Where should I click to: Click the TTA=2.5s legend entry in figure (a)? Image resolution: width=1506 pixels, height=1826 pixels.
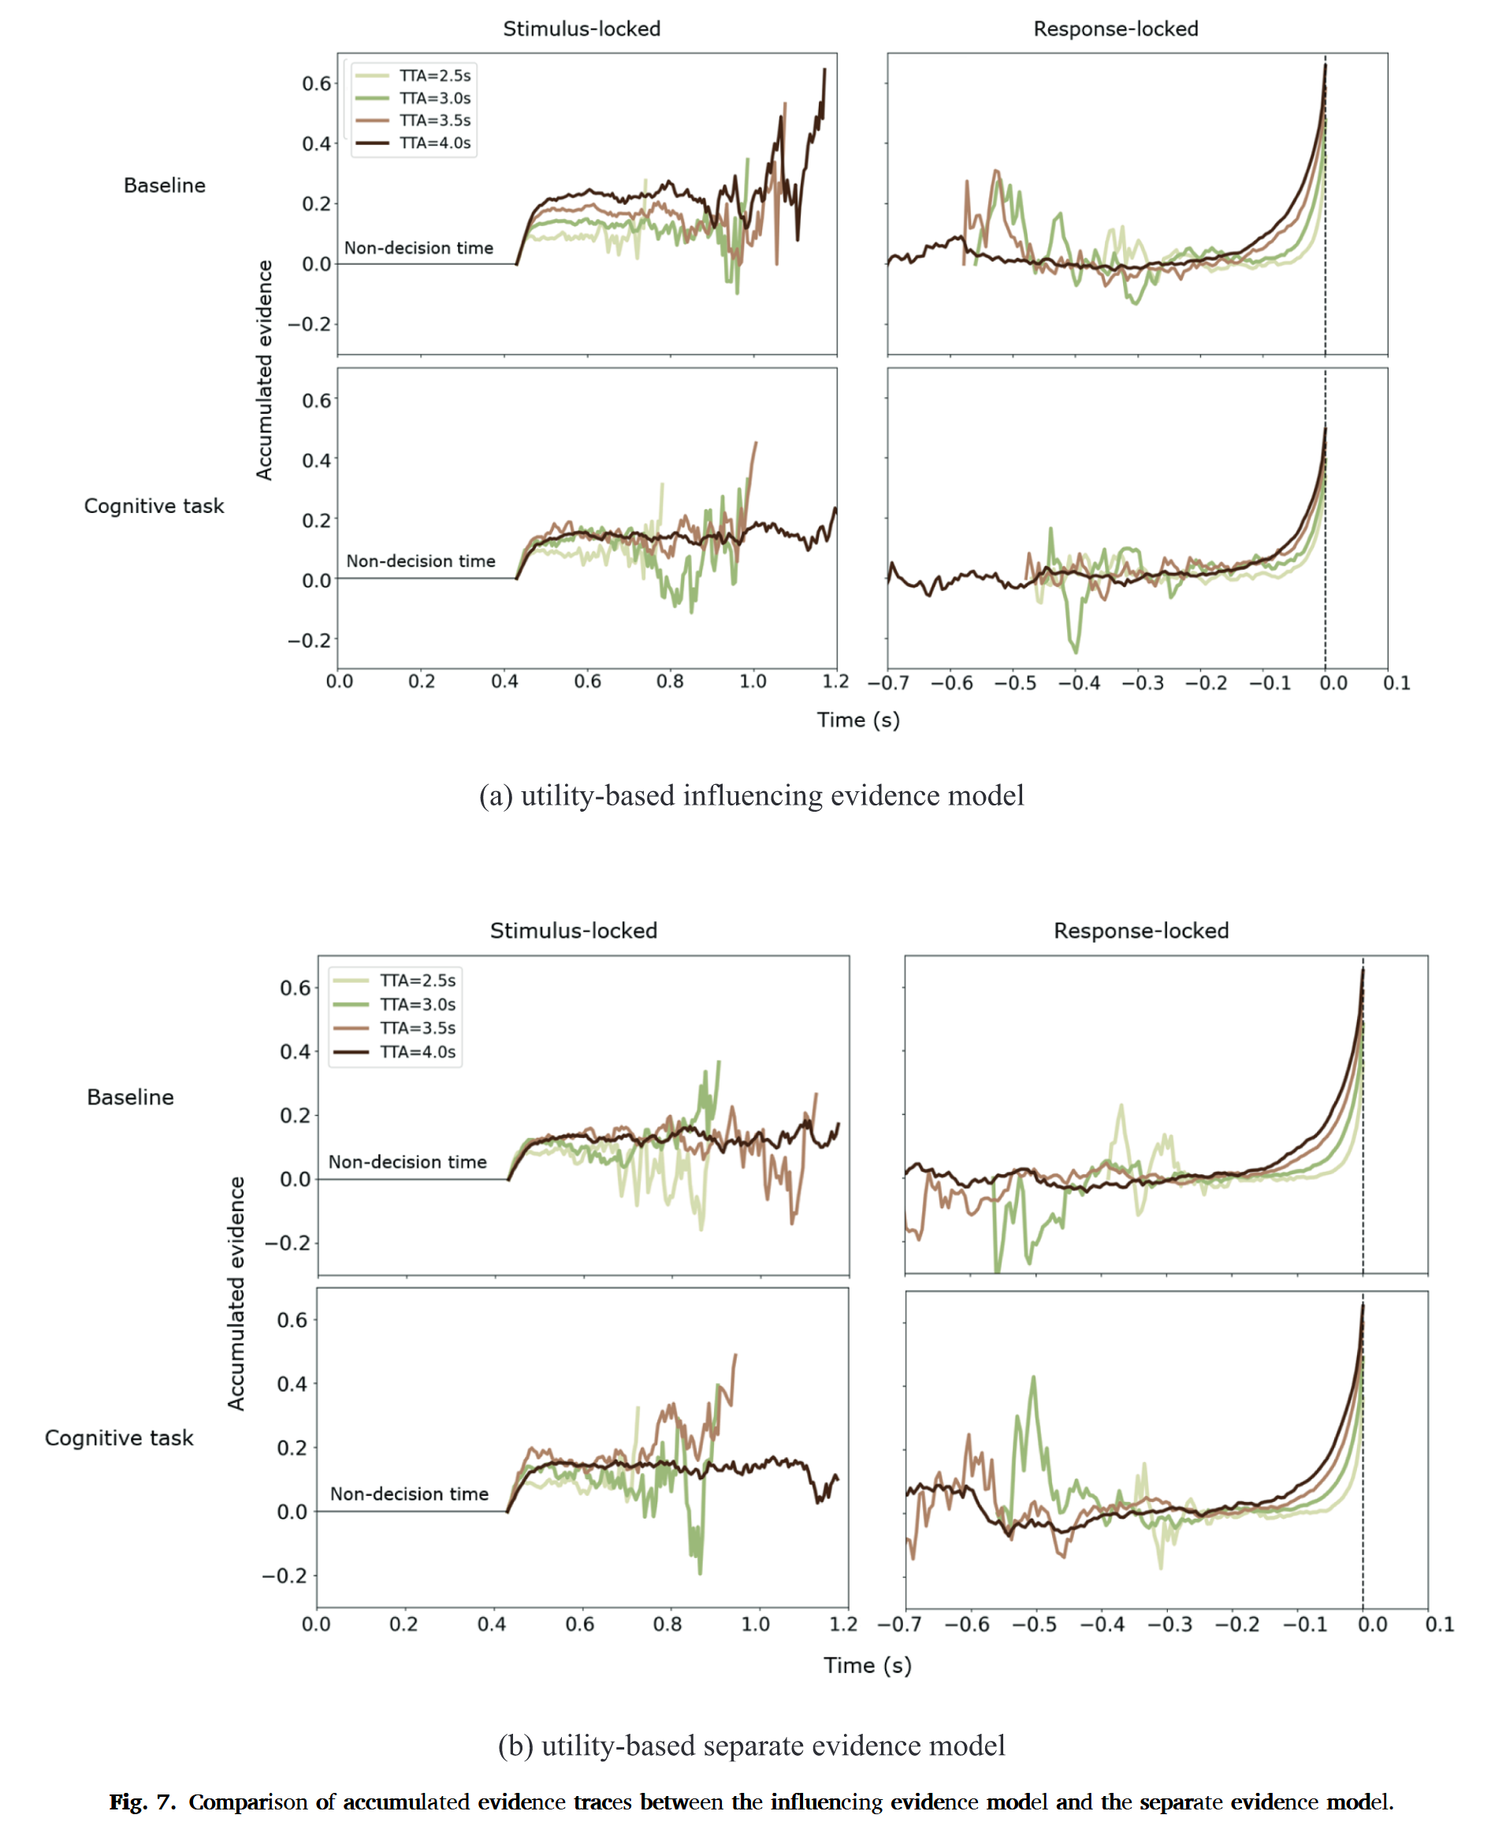(x=433, y=76)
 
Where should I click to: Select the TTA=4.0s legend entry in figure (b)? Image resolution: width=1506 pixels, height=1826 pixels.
(x=417, y=1052)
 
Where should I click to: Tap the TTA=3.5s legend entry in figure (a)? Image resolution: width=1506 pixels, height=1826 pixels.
(x=433, y=121)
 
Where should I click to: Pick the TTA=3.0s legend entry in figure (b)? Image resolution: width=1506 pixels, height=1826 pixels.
(x=417, y=1005)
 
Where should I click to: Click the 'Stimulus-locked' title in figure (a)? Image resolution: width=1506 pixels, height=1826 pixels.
(x=582, y=28)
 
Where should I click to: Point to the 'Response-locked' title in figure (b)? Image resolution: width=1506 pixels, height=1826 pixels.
(x=1141, y=931)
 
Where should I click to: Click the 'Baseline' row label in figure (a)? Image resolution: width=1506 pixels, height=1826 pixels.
(x=164, y=186)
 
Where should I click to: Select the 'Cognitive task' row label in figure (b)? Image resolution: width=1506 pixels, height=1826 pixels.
(x=119, y=1438)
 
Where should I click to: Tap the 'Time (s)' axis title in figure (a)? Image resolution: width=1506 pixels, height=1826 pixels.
(x=858, y=720)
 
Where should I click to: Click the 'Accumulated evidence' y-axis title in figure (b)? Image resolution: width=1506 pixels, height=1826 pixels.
(x=236, y=1293)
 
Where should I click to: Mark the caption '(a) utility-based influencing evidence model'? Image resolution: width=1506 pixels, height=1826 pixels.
(x=751, y=795)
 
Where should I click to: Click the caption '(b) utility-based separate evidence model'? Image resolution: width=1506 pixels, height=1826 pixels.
(x=751, y=1746)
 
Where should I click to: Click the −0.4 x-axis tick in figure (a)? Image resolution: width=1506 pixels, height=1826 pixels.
(x=1078, y=682)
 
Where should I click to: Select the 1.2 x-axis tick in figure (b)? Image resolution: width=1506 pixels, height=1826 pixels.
(x=842, y=1624)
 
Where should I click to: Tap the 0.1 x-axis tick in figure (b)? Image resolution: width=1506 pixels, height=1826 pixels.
(x=1439, y=1624)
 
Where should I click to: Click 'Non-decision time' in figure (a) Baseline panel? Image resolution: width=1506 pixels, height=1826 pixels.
(x=418, y=248)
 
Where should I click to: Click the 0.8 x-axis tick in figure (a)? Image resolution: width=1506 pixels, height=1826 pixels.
(x=670, y=682)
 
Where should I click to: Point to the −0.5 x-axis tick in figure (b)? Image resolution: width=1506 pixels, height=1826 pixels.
(x=1034, y=1624)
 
